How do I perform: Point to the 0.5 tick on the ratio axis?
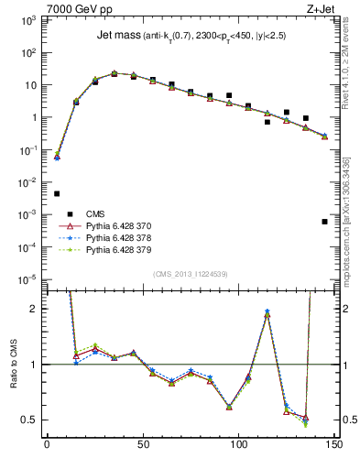29,420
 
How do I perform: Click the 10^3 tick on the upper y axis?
28,20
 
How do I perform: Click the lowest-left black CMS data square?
57,193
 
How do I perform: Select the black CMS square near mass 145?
324,221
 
